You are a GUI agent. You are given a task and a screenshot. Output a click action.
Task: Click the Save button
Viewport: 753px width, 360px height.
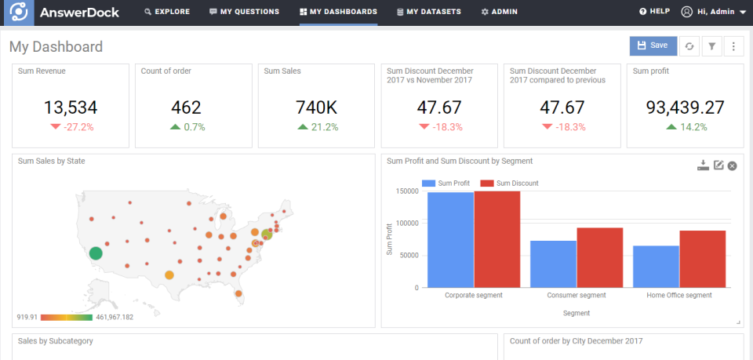coord(653,45)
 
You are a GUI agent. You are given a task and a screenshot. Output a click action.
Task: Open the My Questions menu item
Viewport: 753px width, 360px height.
coord(244,12)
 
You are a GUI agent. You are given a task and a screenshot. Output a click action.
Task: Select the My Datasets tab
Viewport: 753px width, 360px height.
coord(428,12)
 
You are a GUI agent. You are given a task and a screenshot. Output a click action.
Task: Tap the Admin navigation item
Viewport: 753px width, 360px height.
coord(499,12)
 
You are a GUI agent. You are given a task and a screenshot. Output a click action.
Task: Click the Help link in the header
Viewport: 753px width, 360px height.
coord(654,12)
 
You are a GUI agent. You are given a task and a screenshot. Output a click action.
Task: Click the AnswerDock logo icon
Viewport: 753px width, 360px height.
coord(18,13)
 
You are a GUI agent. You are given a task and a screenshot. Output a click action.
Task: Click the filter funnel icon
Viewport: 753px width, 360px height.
coord(711,46)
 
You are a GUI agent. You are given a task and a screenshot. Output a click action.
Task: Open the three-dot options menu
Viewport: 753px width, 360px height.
coord(733,46)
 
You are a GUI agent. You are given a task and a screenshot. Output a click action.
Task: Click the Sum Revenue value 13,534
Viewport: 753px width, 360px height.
coord(70,107)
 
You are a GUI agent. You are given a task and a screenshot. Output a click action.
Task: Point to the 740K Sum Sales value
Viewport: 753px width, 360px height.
coord(316,107)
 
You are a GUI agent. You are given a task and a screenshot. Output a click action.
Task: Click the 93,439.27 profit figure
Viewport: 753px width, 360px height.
coord(686,107)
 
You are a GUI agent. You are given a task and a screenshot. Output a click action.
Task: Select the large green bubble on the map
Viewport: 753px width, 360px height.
coord(96,253)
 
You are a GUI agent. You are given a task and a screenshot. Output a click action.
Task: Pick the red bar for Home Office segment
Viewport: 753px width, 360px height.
coord(702,259)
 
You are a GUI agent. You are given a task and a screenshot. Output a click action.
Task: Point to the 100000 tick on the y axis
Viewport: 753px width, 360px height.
coord(406,223)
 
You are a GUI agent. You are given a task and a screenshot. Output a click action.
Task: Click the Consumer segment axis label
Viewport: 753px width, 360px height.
coord(577,296)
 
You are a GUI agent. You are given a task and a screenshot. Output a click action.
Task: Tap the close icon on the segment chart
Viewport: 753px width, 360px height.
coord(733,165)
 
